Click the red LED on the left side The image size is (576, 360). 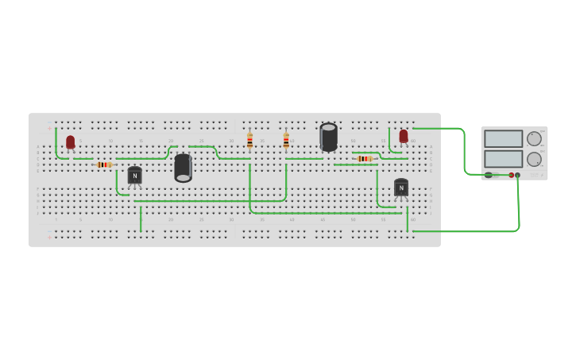[x=70, y=142]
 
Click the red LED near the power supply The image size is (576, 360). [x=404, y=136]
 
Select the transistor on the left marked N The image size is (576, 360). [x=135, y=175]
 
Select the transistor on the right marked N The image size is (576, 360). [x=401, y=188]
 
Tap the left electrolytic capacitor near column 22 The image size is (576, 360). [x=184, y=167]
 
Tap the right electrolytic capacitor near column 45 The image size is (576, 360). [x=328, y=137]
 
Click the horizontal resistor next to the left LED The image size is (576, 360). [x=103, y=165]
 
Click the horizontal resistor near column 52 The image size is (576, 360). [x=365, y=159]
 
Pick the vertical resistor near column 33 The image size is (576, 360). [x=249, y=141]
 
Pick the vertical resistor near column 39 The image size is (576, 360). [x=286, y=141]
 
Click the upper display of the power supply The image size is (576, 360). [x=503, y=139]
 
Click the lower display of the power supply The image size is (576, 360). [x=503, y=159]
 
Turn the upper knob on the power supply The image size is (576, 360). [x=533, y=138]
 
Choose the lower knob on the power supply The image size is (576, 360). [x=533, y=159]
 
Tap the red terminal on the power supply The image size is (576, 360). [x=511, y=175]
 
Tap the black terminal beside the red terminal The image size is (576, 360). [x=517, y=175]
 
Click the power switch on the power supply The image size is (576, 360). [x=489, y=175]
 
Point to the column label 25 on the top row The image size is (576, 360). [x=202, y=141]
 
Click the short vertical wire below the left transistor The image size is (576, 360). [x=141, y=219]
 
